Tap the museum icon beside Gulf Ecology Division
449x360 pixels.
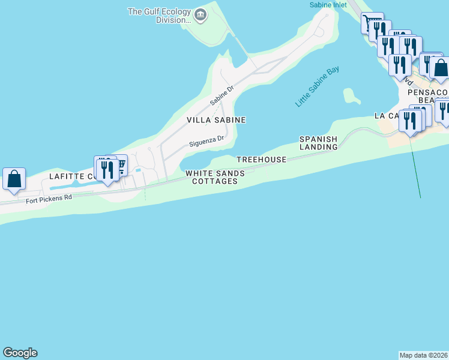pyautogui.click(x=200, y=15)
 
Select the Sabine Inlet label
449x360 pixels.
pyautogui.click(x=328, y=5)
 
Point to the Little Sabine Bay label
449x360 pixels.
pyautogui.click(x=317, y=87)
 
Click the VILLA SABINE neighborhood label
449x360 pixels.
pyautogui.click(x=216, y=120)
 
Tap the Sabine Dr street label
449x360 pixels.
pyautogui.click(x=221, y=95)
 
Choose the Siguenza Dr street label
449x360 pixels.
pyautogui.click(x=206, y=142)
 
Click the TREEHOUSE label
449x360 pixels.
pyautogui.click(x=261, y=160)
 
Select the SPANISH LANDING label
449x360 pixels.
pyautogui.click(x=319, y=143)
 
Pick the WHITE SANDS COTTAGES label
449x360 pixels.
pyautogui.click(x=215, y=177)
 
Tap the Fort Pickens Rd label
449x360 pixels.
pyautogui.click(x=49, y=198)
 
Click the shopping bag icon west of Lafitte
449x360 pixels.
pyautogui.click(x=14, y=179)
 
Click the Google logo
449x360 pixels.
pyautogui.click(x=20, y=353)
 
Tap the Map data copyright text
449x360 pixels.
pyautogui.click(x=423, y=355)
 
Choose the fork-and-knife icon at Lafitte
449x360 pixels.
pyautogui.click(x=106, y=169)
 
